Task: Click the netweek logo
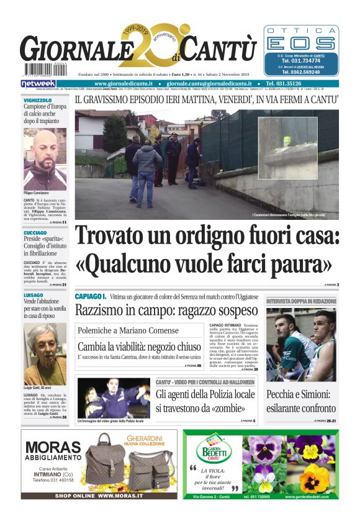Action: tap(38, 83)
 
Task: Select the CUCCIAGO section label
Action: tap(35, 233)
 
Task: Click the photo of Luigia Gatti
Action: tap(45, 345)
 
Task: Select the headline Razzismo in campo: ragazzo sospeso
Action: tap(166, 310)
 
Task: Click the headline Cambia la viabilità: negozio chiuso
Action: tap(139, 347)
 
